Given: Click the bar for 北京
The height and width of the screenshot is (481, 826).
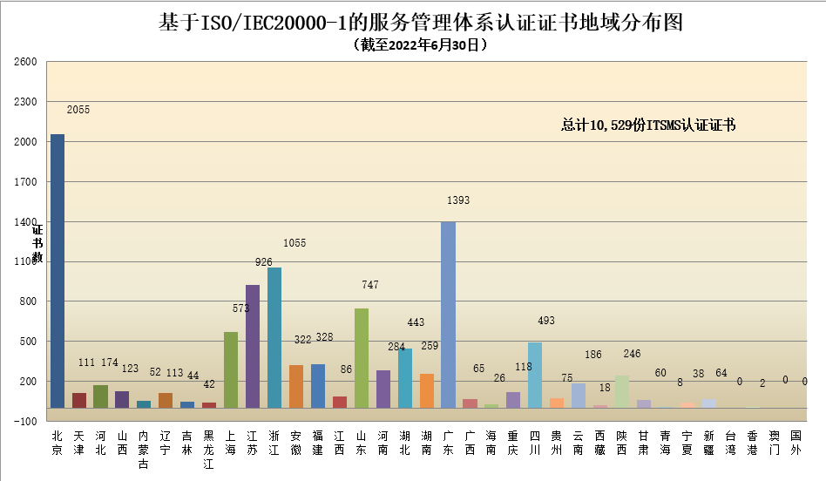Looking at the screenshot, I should pos(57,270).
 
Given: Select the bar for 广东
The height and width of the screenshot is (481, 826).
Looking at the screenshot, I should pos(448,315).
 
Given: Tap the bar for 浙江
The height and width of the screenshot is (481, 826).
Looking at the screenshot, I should pos(274,337).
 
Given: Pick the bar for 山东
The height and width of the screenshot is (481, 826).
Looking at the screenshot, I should pos(362,357).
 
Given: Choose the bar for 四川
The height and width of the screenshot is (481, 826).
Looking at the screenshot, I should pos(535,375).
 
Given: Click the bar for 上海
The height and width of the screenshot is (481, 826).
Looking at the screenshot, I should pos(231,369).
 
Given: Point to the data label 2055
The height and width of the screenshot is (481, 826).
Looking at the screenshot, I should pos(78,111).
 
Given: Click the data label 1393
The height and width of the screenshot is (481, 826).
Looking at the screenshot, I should pos(458,200).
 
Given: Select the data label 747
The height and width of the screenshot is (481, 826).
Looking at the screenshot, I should pos(371,285).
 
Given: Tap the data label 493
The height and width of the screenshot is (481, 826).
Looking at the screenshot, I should pos(545,321).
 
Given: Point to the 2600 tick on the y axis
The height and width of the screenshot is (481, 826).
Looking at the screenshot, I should pos(25,63).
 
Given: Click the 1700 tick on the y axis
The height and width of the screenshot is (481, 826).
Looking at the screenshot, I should pos(25,182).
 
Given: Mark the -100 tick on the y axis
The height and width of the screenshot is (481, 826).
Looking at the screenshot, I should pos(25,421).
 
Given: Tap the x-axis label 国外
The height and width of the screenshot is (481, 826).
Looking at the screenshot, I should pos(796,443).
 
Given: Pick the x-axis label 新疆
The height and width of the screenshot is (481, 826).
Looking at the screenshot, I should pos(708,443).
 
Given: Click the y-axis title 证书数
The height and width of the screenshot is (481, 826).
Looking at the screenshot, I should pos(37,244).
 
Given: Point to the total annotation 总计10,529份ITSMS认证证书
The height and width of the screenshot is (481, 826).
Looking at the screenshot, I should pos(648,125).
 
